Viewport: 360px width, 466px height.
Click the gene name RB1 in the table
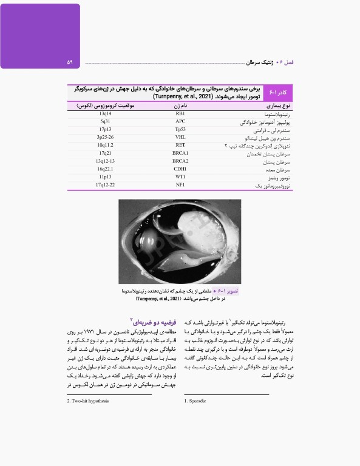coord(180,114)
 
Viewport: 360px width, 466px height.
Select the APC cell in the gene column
coord(180,122)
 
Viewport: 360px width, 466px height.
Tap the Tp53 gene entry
coord(180,130)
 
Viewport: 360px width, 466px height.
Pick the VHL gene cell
coord(180,138)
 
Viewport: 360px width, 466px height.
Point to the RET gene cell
coord(180,146)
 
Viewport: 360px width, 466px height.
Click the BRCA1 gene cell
coord(180,154)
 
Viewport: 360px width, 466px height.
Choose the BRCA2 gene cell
coord(180,161)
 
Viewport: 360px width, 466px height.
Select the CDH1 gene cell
coord(180,169)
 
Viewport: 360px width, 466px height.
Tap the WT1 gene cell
coord(180,177)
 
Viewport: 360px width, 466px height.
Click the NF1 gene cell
coord(180,185)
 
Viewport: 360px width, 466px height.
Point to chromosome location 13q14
coord(105,114)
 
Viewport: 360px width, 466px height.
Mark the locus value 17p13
coord(105,130)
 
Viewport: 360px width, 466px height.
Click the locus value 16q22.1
coord(105,169)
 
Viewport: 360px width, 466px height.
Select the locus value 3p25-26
coord(105,138)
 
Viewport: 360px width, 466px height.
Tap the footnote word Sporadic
coord(199,401)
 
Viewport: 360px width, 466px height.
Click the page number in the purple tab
coord(70,62)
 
